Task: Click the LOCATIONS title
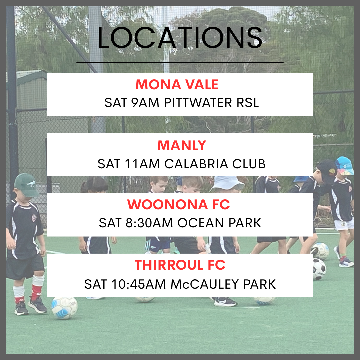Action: point(180,38)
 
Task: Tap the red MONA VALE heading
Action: point(177,84)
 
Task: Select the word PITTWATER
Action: point(198,102)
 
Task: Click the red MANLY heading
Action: point(182,146)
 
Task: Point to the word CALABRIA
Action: point(196,164)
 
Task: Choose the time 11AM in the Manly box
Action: point(142,164)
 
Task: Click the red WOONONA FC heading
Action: point(179,204)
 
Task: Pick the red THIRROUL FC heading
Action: point(180,265)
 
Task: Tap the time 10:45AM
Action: point(139,284)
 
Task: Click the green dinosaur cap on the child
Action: point(26,185)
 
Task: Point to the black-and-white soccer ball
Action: point(319,269)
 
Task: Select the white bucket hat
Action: point(227,183)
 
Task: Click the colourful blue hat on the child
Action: point(344,166)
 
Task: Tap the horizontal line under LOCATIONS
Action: point(180,62)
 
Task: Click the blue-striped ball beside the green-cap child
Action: point(65,308)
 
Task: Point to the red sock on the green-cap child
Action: point(36,292)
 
